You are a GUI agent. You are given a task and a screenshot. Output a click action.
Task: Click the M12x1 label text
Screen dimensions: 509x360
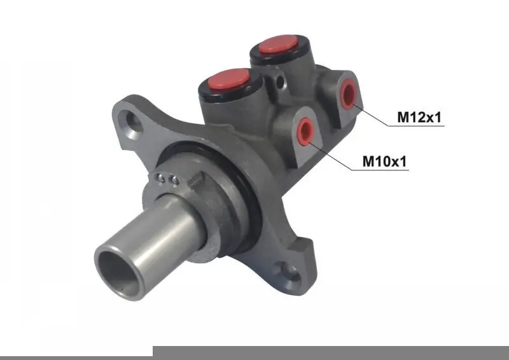tap(419, 117)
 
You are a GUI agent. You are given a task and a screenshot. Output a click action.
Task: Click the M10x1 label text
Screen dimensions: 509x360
tap(384, 161)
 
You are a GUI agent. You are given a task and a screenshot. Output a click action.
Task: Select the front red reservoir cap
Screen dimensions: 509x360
tap(228, 79)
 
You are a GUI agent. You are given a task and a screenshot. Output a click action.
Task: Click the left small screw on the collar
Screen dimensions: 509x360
tap(160, 177)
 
